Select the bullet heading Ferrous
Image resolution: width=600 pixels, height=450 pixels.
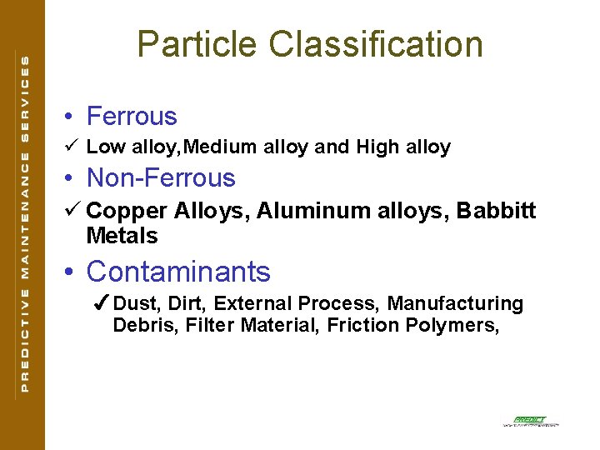[x=132, y=116]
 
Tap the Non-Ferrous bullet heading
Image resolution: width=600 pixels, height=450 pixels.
[x=161, y=177]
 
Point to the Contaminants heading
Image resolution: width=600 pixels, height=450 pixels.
[x=178, y=272]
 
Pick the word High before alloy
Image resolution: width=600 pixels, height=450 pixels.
[x=377, y=147]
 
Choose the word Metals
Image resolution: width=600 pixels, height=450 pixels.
[x=122, y=236]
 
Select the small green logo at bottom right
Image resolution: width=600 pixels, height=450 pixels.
[x=530, y=422]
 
